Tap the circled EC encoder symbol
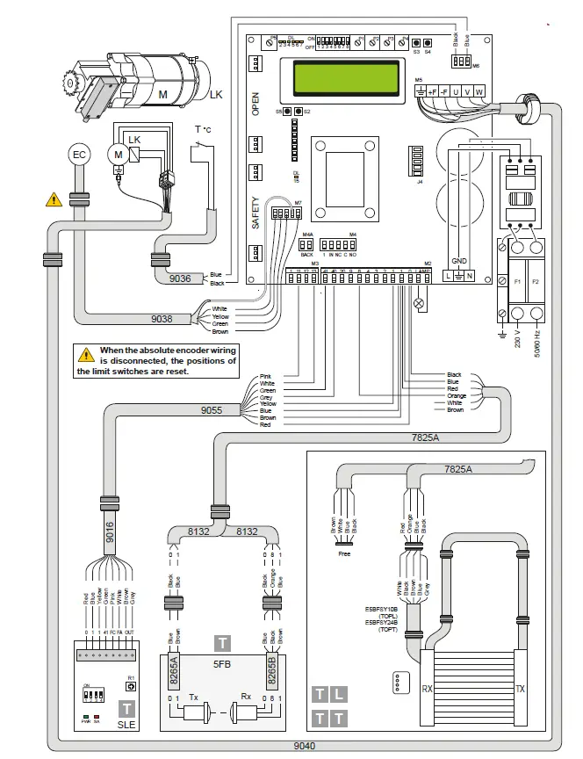[x=80, y=155]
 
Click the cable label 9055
[x=213, y=409]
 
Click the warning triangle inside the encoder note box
[x=86, y=355]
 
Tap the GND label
[x=458, y=261]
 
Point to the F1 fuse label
[x=517, y=282]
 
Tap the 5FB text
[x=221, y=665]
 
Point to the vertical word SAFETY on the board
[x=256, y=212]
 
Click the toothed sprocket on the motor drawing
[x=69, y=84]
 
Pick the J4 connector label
[x=421, y=182]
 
